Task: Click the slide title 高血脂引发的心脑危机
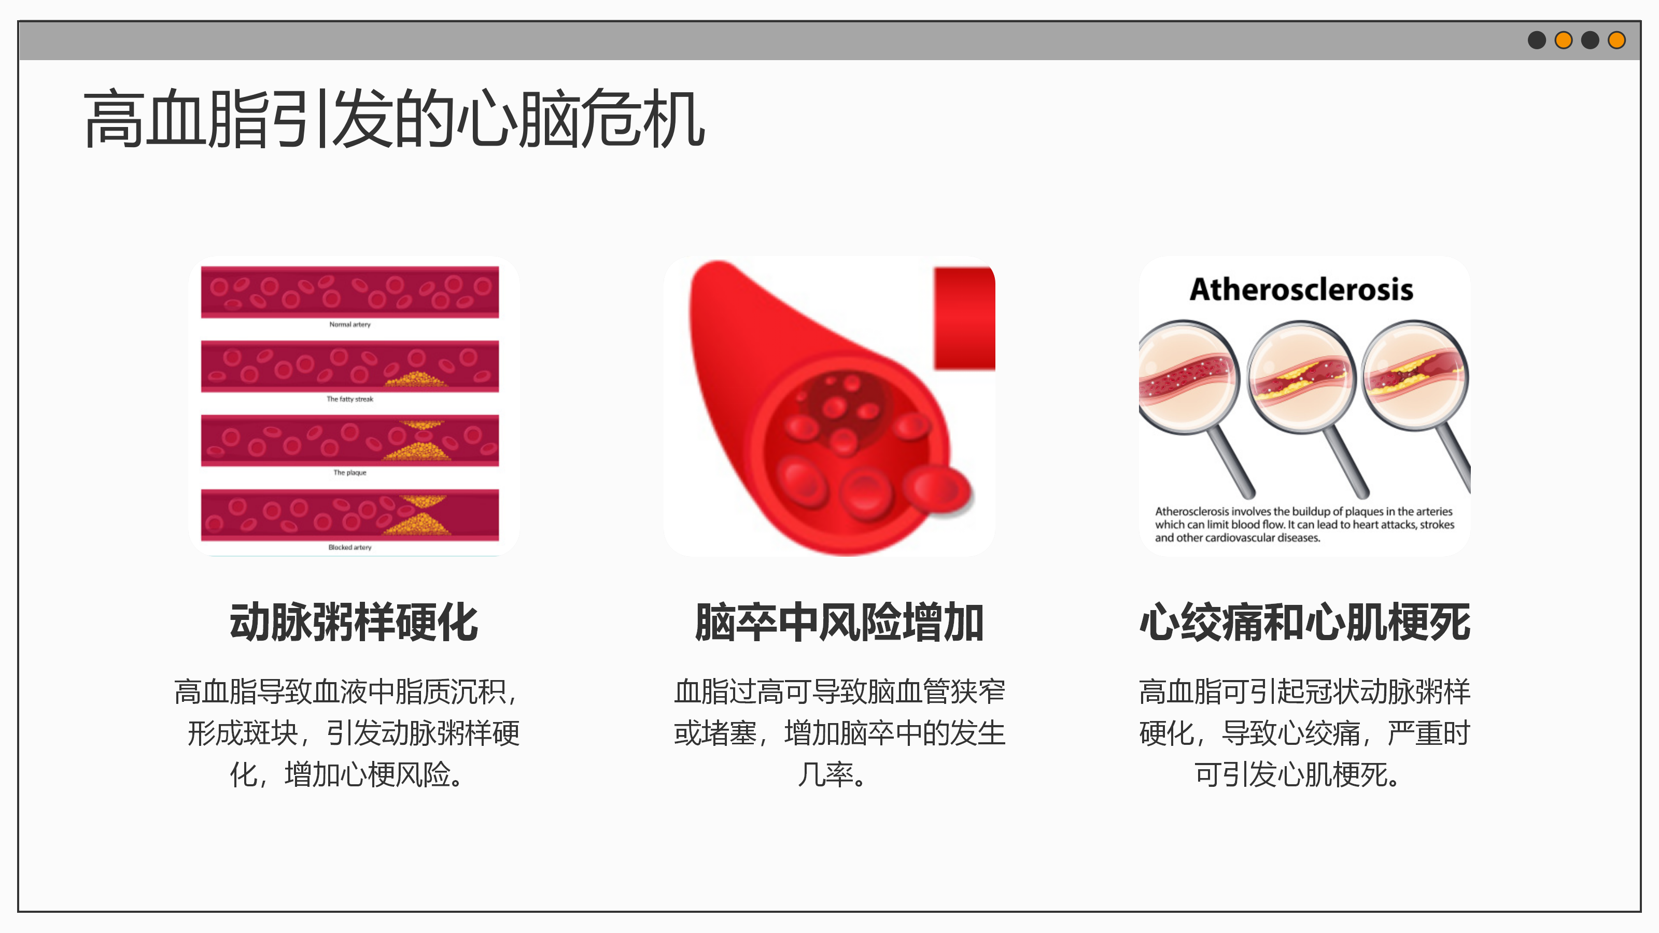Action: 394,119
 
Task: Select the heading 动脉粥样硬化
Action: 354,623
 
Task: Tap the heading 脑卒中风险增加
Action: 839,623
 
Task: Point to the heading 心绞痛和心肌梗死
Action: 1305,623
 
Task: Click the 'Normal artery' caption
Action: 350,324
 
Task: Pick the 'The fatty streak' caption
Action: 350,399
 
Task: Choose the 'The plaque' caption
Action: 350,473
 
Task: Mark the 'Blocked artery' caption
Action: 350,547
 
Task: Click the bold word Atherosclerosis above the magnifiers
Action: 1302,289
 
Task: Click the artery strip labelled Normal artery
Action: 350,292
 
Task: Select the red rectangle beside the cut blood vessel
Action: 964,319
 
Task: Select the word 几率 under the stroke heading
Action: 826,774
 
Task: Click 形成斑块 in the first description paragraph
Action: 243,733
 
